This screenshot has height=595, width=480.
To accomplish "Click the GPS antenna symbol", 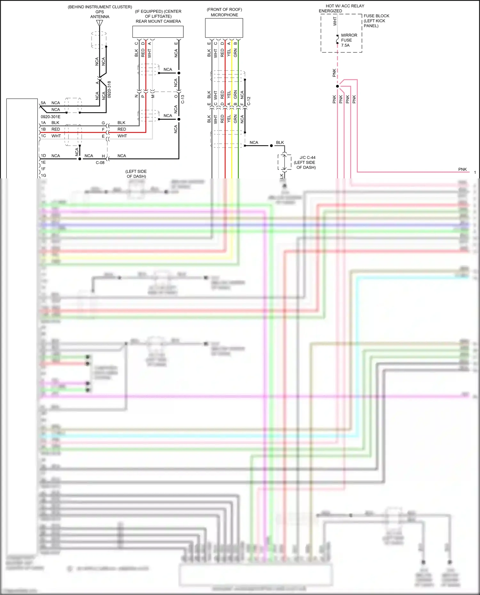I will tap(100, 23).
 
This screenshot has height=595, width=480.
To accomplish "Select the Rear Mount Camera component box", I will tap(158, 32).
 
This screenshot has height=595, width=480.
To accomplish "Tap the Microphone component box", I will tap(224, 28).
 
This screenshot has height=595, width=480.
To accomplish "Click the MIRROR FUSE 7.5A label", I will tap(349, 40).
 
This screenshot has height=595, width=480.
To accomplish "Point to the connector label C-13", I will tap(183, 99).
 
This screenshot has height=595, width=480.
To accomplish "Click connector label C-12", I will tap(249, 101).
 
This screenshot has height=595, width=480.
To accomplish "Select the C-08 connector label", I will tap(100, 162).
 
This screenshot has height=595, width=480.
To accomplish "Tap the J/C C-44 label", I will tap(307, 157).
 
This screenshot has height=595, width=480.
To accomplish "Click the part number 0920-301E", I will tap(51, 117).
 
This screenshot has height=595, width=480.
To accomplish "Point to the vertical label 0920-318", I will tap(109, 89).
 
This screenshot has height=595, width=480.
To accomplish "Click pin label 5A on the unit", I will tap(43, 103).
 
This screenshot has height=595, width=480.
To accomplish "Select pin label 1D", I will tap(43, 156).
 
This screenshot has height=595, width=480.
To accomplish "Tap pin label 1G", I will tap(43, 176).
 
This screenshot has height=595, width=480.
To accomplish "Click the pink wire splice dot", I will tap(337, 86).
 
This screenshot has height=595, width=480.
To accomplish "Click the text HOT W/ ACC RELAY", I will tap(345, 6).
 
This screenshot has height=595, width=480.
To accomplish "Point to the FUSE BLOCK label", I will tap(376, 16).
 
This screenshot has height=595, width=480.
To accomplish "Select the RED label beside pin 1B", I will tap(56, 129).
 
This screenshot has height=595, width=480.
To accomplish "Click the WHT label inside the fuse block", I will tap(335, 21).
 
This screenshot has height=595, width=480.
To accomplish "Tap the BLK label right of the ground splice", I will tap(280, 143).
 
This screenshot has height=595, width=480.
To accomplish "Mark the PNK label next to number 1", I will tap(462, 169).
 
